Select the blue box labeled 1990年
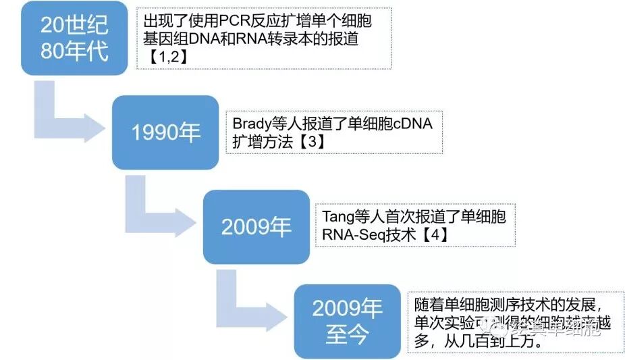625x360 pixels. [165, 132]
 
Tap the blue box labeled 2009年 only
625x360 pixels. [256, 226]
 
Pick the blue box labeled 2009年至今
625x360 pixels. [347, 322]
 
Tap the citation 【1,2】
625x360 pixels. [166, 57]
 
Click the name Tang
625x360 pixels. [337, 217]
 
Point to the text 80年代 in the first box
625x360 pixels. [74, 51]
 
